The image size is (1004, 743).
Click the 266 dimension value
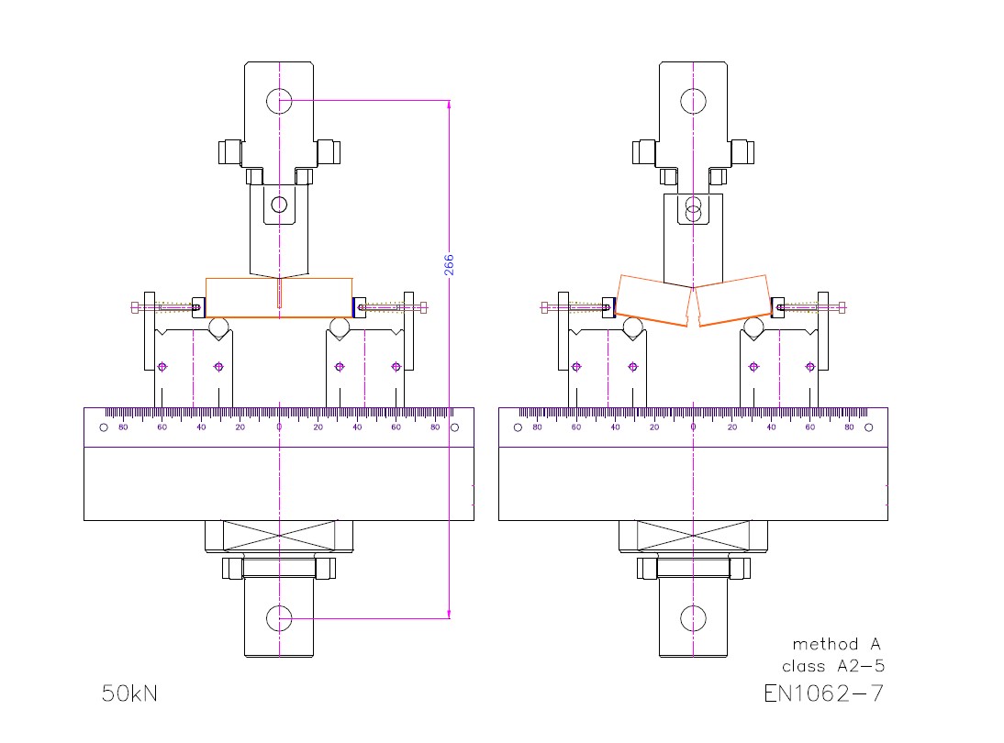click(449, 264)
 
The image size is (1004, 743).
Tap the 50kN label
click(129, 693)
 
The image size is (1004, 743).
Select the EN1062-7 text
click(823, 693)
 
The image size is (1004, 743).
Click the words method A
click(836, 644)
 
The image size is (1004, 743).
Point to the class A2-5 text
click(833, 666)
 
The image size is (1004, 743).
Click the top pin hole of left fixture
click(279, 101)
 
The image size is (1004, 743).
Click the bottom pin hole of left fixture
click(279, 619)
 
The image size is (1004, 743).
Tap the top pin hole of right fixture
click(694, 101)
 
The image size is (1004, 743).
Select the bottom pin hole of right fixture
click(694, 619)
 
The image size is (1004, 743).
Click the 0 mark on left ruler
click(279, 427)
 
